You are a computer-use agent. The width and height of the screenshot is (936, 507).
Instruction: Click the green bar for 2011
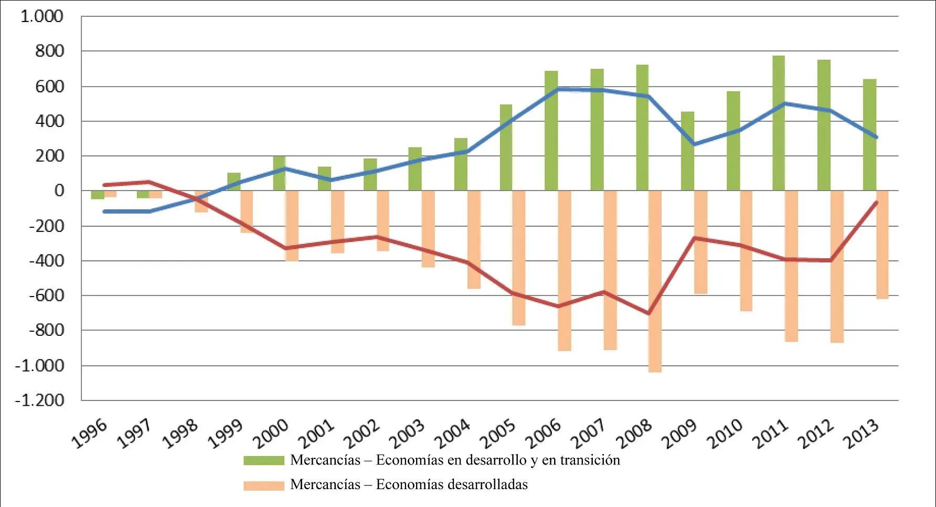tap(779, 123)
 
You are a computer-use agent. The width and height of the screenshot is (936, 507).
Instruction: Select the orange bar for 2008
tap(655, 281)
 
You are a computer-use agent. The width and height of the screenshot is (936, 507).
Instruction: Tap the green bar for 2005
tap(506, 147)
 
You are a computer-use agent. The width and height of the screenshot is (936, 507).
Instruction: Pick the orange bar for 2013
tap(882, 245)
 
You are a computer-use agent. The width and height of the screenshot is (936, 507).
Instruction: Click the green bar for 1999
tap(234, 182)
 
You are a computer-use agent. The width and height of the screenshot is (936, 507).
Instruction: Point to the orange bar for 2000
tap(292, 226)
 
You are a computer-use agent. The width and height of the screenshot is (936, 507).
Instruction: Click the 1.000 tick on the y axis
tap(42, 16)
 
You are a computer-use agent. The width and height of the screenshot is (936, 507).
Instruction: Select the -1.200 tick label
tap(39, 400)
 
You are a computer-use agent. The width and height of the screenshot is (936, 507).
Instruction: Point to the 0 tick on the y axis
tap(59, 191)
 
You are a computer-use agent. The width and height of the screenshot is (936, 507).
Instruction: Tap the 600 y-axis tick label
tap(49, 86)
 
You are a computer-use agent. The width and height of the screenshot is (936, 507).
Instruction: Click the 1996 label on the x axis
tap(90, 434)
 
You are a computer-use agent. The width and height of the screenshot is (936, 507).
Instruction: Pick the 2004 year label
tap(453, 434)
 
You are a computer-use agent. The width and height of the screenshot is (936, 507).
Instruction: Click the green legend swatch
tap(263, 460)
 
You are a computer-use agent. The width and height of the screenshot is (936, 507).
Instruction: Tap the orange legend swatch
tap(263, 485)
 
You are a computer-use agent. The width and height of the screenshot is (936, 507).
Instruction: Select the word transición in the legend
tap(590, 460)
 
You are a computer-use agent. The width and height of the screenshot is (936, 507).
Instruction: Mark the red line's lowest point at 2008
tap(649, 313)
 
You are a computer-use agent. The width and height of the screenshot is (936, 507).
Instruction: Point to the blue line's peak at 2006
tap(558, 89)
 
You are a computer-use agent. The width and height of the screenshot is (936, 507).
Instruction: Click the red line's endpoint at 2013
tap(876, 202)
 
